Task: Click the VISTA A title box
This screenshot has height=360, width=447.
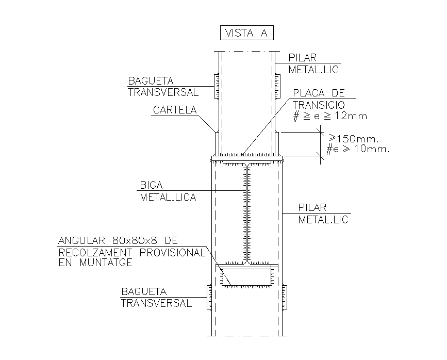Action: (x=246, y=33)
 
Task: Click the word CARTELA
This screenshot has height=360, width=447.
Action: (x=175, y=110)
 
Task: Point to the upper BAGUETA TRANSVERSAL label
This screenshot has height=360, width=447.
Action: (x=163, y=87)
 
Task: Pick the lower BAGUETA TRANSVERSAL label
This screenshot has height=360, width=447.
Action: (x=156, y=298)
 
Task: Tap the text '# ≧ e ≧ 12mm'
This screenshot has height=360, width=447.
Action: (x=330, y=116)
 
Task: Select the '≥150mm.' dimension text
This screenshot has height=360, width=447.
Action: (x=354, y=139)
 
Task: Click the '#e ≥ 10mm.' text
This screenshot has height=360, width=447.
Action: (x=358, y=150)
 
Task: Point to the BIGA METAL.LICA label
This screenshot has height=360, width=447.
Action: (x=168, y=191)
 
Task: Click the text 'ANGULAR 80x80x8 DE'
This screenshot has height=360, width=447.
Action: (x=118, y=241)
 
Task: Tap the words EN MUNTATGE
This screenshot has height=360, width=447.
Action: (x=95, y=262)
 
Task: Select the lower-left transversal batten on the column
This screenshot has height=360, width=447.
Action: (x=209, y=297)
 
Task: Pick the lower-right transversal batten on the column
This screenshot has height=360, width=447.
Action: (x=285, y=297)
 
